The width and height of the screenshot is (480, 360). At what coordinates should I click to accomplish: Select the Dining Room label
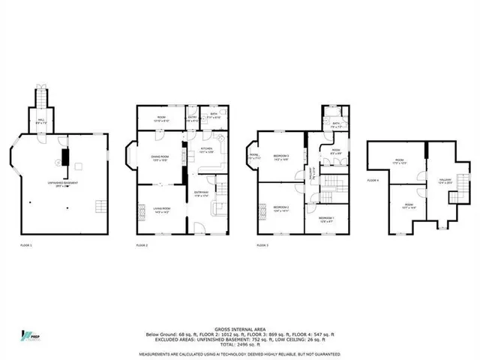(160, 158)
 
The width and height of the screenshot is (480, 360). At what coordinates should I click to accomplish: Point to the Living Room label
(160, 209)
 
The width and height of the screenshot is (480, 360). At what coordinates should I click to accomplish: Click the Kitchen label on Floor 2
(207, 150)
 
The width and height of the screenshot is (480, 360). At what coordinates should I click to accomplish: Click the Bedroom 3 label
(281, 158)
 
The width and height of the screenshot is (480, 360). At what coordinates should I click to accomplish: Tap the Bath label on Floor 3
(335, 125)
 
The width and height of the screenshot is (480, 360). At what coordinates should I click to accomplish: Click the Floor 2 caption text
(142, 245)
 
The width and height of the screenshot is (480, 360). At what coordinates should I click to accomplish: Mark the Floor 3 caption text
(262, 245)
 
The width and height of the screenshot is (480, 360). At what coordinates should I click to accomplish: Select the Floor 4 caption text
(373, 181)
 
